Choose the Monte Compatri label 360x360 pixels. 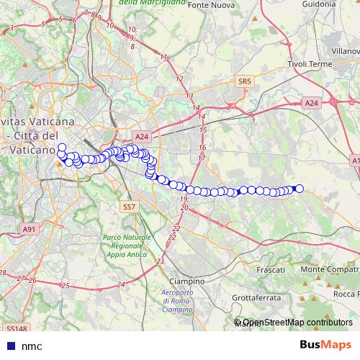click(x=330, y=269)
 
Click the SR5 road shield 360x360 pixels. click(x=243, y=82)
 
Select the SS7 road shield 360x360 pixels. click(x=129, y=207)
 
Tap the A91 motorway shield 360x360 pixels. click(x=29, y=229)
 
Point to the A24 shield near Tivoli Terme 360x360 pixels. click(x=311, y=104)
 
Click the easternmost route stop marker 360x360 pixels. click(x=300, y=189)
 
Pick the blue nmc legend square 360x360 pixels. click(x=9, y=346)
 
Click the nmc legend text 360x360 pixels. click(x=32, y=346)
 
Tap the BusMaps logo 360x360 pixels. click(x=325, y=346)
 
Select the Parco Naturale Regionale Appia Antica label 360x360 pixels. click(x=127, y=246)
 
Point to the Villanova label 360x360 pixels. click(x=346, y=52)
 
